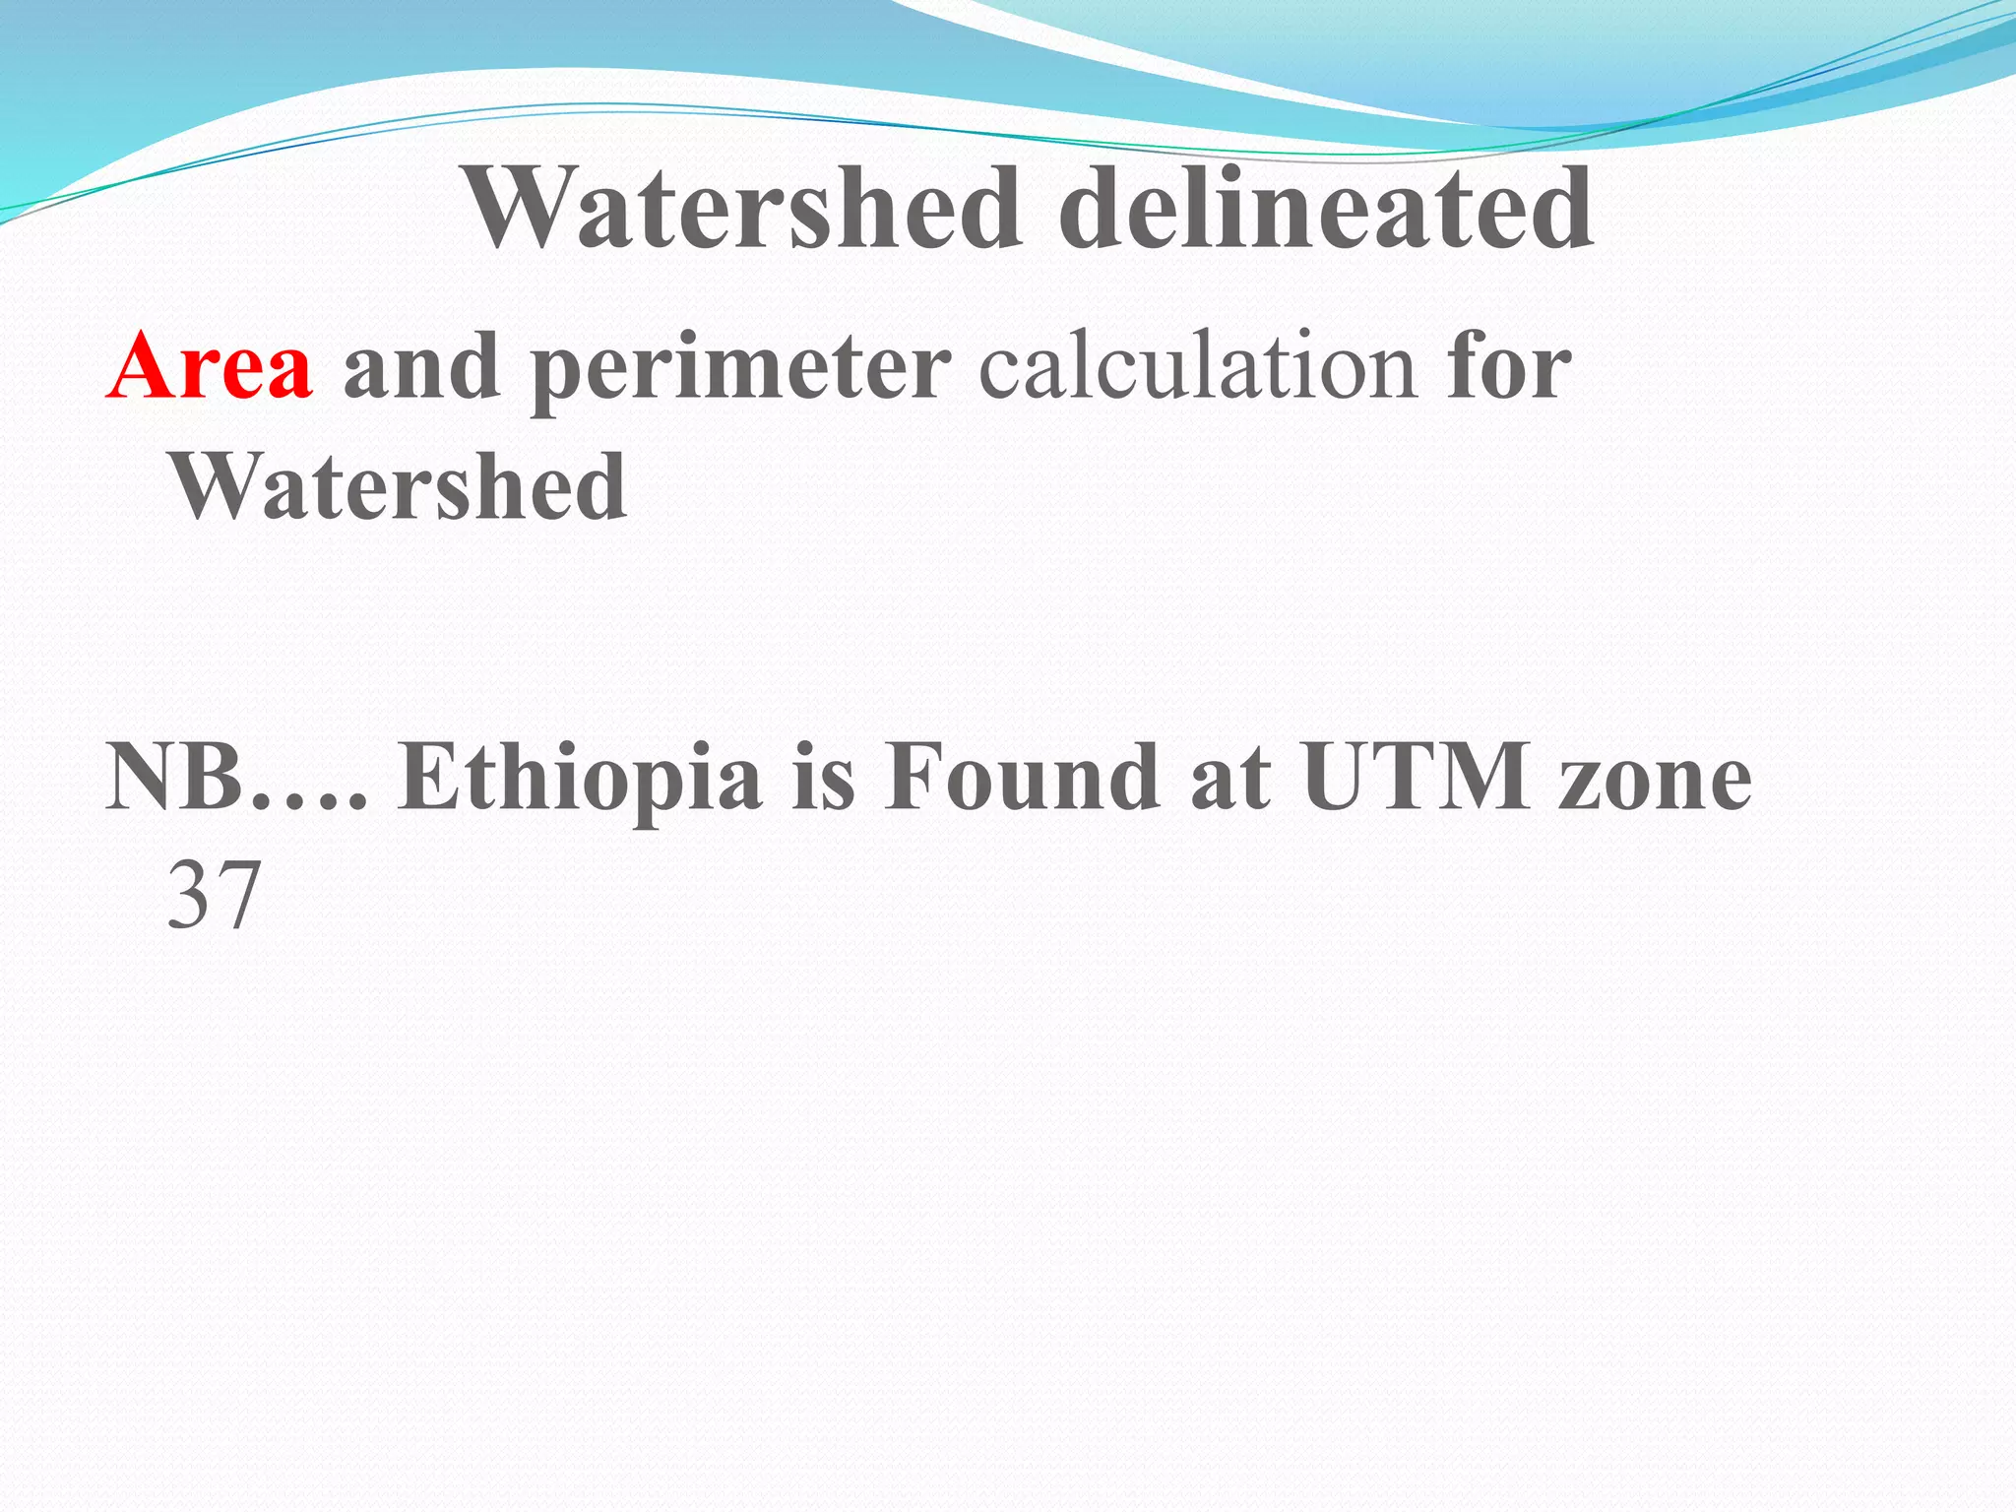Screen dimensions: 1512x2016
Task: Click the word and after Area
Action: coord(421,366)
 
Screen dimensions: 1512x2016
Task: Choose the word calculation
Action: coord(1197,366)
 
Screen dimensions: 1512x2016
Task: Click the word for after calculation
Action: coord(1508,366)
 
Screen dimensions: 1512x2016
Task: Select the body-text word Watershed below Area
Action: coord(399,486)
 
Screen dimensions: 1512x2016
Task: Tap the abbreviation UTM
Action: coord(1417,778)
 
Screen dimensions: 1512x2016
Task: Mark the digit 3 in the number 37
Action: coord(189,896)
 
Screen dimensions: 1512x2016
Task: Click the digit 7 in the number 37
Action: coord(238,896)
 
